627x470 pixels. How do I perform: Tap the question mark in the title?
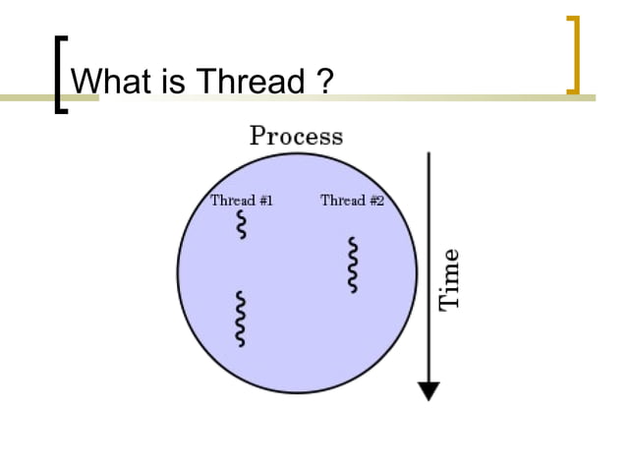[x=326, y=82]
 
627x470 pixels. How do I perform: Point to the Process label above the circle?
[x=296, y=136]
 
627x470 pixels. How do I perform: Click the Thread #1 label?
[x=241, y=201]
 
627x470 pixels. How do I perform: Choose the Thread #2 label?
[x=352, y=201]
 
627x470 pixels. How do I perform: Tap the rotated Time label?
[x=449, y=279]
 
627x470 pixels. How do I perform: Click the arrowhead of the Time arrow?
[x=428, y=390]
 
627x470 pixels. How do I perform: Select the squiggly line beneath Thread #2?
[x=353, y=264]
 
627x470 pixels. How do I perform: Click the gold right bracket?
[x=574, y=55]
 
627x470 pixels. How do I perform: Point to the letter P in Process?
[x=258, y=136]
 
